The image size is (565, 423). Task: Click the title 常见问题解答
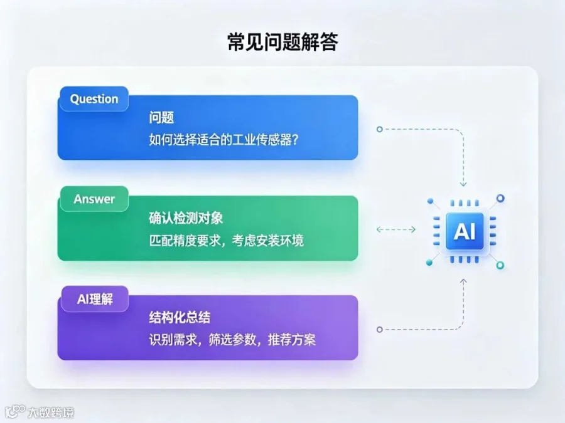pos(283,42)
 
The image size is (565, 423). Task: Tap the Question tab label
pos(94,99)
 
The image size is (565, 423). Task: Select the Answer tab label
pos(94,199)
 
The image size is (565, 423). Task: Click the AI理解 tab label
pos(95,299)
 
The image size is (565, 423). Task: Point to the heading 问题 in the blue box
pos(161,118)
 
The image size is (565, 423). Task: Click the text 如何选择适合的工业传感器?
pos(223,140)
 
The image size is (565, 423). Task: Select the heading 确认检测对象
pos(186,218)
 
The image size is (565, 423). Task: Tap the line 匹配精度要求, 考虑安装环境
pos(226,240)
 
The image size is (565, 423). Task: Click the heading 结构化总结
pos(180,317)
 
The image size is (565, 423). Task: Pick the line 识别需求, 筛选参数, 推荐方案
pos(232,340)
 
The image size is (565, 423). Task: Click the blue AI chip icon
pos(465,231)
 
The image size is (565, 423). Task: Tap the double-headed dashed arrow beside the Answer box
pos(396,229)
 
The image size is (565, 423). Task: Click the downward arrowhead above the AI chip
pos(463,184)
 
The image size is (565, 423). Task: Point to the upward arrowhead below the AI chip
pos(463,281)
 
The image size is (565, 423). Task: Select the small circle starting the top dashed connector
pos(379,129)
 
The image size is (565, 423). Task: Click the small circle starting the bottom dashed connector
pos(379,330)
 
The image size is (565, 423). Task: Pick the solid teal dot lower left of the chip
pos(429,263)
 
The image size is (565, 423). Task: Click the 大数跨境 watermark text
pos(50,412)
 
